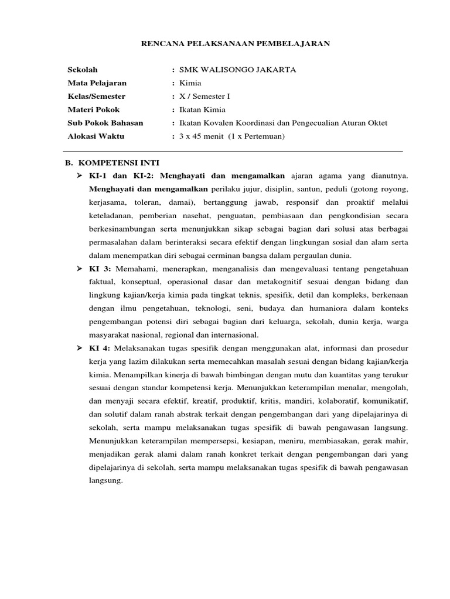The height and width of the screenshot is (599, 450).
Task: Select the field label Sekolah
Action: (x=82, y=70)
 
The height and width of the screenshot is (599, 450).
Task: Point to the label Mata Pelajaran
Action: (x=97, y=83)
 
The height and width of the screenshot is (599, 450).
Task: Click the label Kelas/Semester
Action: (x=96, y=96)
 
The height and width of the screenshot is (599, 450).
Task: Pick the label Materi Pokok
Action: (x=94, y=109)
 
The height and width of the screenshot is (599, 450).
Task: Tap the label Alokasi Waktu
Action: (x=96, y=136)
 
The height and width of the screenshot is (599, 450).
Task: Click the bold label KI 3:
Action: (x=101, y=268)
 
